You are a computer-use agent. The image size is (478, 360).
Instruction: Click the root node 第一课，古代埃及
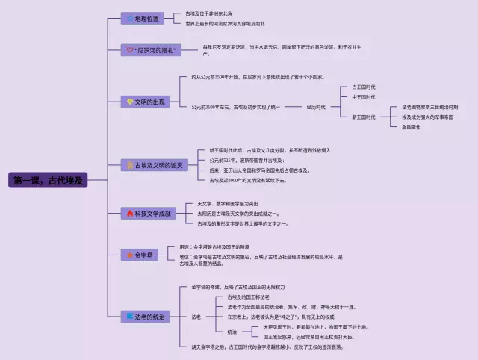47,180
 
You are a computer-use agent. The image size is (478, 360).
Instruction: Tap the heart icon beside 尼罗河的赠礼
130,49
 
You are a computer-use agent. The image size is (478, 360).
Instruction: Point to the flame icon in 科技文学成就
130,214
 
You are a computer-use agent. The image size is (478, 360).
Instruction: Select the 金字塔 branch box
140,255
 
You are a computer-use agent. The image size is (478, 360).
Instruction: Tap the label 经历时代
315,107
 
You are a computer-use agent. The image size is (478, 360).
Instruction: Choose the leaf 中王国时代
364,97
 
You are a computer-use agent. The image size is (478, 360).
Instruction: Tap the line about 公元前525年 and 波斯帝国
246,161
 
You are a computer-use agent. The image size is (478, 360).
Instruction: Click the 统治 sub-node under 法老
232,332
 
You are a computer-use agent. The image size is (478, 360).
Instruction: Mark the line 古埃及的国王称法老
253,297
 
